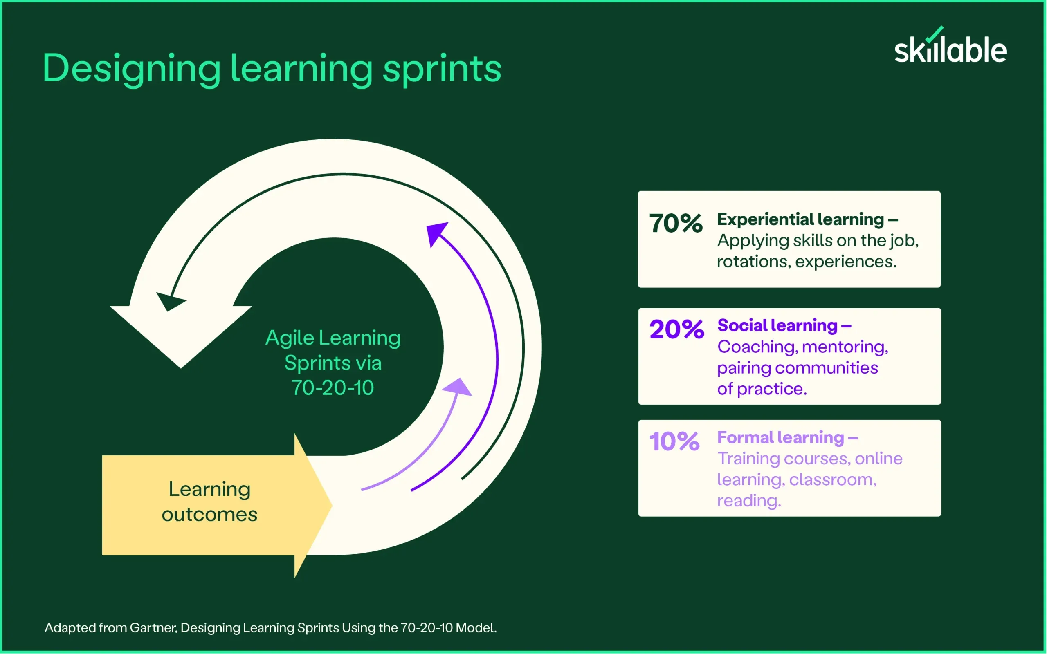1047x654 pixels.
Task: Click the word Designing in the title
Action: [x=132, y=69]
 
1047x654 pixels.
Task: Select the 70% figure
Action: [x=676, y=223]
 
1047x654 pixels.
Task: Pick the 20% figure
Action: [x=676, y=329]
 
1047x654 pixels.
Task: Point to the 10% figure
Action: [x=674, y=441]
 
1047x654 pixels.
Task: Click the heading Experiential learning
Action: [x=800, y=220]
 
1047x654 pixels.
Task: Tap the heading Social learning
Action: [x=777, y=325]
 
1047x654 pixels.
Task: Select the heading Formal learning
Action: [x=780, y=437]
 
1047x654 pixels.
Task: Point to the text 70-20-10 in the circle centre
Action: [x=332, y=387]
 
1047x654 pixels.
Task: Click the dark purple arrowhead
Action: [x=436, y=233]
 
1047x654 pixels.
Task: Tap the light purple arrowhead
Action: [x=458, y=387]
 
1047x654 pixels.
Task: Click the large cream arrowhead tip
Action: [x=181, y=368]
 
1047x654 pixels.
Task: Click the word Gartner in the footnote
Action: [x=153, y=627]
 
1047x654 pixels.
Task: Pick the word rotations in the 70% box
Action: [x=753, y=262]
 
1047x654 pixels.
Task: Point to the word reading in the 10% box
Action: [x=749, y=501]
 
